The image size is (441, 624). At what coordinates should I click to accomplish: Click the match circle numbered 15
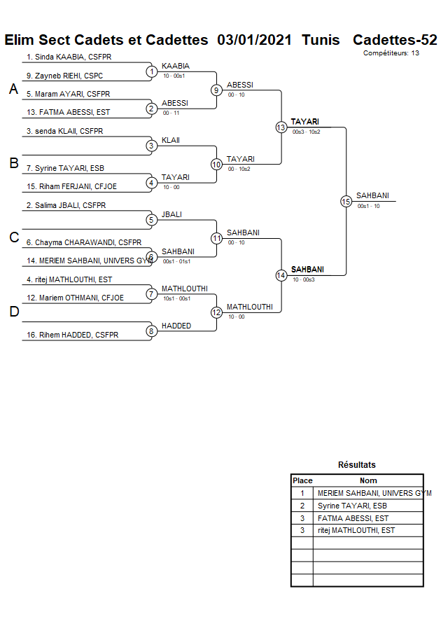pyautogui.click(x=346, y=201)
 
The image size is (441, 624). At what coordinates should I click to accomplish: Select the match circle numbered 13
pyautogui.click(x=281, y=127)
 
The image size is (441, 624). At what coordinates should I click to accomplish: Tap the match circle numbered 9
pyautogui.click(x=217, y=90)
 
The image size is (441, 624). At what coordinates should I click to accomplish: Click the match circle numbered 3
pyautogui.click(x=151, y=146)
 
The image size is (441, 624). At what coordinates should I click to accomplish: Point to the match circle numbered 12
pyautogui.click(x=217, y=312)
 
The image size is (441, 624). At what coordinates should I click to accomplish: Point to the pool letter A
pyautogui.click(x=13, y=89)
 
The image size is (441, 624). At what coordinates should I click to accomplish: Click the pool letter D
pyautogui.click(x=13, y=312)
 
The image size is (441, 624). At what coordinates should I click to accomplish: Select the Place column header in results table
pyautogui.click(x=302, y=480)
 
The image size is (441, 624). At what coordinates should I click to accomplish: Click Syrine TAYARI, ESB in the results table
pyautogui.click(x=352, y=506)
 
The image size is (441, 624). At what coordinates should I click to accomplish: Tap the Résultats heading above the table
pyautogui.click(x=357, y=464)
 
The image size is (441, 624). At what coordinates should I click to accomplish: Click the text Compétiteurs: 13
pyautogui.click(x=391, y=53)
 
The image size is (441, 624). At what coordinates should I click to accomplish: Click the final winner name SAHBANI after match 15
pyautogui.click(x=372, y=196)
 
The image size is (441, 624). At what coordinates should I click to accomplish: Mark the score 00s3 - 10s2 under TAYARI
pyautogui.click(x=307, y=132)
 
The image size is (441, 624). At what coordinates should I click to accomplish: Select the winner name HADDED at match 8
pyautogui.click(x=176, y=326)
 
